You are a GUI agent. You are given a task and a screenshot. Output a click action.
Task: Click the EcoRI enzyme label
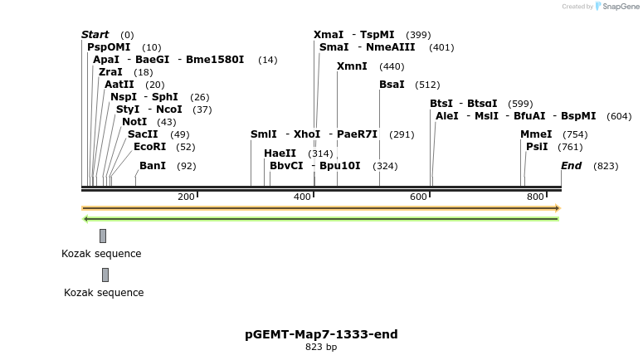[149, 147]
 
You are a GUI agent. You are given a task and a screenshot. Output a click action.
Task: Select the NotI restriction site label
[134, 122]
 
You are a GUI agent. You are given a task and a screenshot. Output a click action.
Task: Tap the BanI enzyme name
[153, 166]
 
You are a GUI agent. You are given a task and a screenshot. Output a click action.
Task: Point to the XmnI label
[352, 66]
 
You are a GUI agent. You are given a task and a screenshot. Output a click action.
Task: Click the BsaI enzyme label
[392, 85]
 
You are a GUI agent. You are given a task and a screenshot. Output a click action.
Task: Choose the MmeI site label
[536, 134]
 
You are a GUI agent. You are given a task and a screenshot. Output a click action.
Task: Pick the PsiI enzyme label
[537, 147]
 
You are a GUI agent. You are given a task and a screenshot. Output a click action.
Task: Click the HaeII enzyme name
[280, 153]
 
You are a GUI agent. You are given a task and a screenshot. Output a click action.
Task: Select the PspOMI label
[109, 47]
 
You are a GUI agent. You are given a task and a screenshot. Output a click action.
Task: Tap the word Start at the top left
[95, 35]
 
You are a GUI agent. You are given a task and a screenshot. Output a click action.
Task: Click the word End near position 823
[571, 166]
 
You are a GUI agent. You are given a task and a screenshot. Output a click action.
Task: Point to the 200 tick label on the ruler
[186, 197]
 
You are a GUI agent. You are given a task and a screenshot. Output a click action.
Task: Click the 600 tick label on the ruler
[418, 197]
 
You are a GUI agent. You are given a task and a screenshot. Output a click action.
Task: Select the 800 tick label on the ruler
[535, 197]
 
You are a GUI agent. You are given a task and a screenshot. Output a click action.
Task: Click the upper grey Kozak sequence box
[103, 236]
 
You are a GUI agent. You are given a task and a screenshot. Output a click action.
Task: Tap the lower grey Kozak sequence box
[105, 275]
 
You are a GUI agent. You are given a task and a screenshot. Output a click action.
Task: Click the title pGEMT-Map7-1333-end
[321, 334]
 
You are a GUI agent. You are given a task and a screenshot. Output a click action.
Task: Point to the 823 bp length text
[321, 348]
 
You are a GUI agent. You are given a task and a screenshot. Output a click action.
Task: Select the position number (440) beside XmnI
[392, 66]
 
